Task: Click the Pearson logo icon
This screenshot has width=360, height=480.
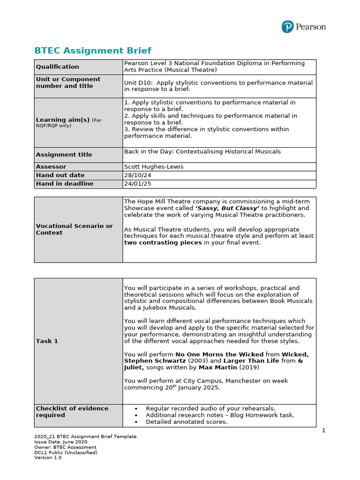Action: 287,27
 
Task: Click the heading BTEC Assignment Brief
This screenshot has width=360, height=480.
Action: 93,51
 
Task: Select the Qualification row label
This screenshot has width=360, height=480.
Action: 58,67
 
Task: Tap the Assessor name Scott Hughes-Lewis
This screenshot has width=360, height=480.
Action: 153,167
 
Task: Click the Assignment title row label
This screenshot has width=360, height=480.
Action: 64,155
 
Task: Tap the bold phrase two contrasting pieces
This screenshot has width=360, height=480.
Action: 163,243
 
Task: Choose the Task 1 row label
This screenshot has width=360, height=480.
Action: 47,341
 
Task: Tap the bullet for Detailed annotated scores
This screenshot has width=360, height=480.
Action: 136,422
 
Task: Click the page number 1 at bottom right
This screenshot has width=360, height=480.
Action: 323,431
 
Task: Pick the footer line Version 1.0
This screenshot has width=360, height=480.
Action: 48,457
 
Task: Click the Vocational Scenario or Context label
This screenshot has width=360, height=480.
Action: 74,229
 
